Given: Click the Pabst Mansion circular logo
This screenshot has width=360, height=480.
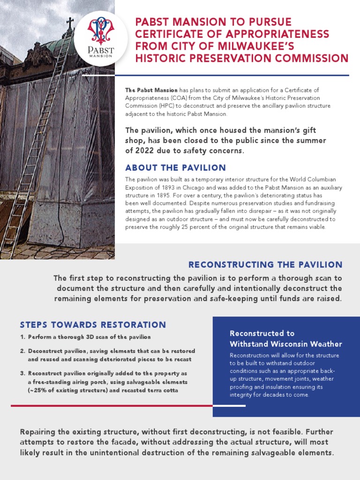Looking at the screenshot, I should click(x=101, y=37).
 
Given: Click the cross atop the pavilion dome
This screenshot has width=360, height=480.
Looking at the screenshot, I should click(x=70, y=22).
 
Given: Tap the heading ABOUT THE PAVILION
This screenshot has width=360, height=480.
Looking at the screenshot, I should click(x=175, y=168).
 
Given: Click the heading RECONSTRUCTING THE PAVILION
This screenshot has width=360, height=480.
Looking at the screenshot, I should click(x=265, y=265).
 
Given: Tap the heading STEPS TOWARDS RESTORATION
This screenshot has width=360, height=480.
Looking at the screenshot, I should click(x=93, y=325).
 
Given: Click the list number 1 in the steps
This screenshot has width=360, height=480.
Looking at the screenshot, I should click(x=22, y=337).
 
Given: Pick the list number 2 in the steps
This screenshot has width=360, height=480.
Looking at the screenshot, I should click(x=22, y=351).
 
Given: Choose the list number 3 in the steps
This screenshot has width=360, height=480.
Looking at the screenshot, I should click(x=22, y=374).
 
